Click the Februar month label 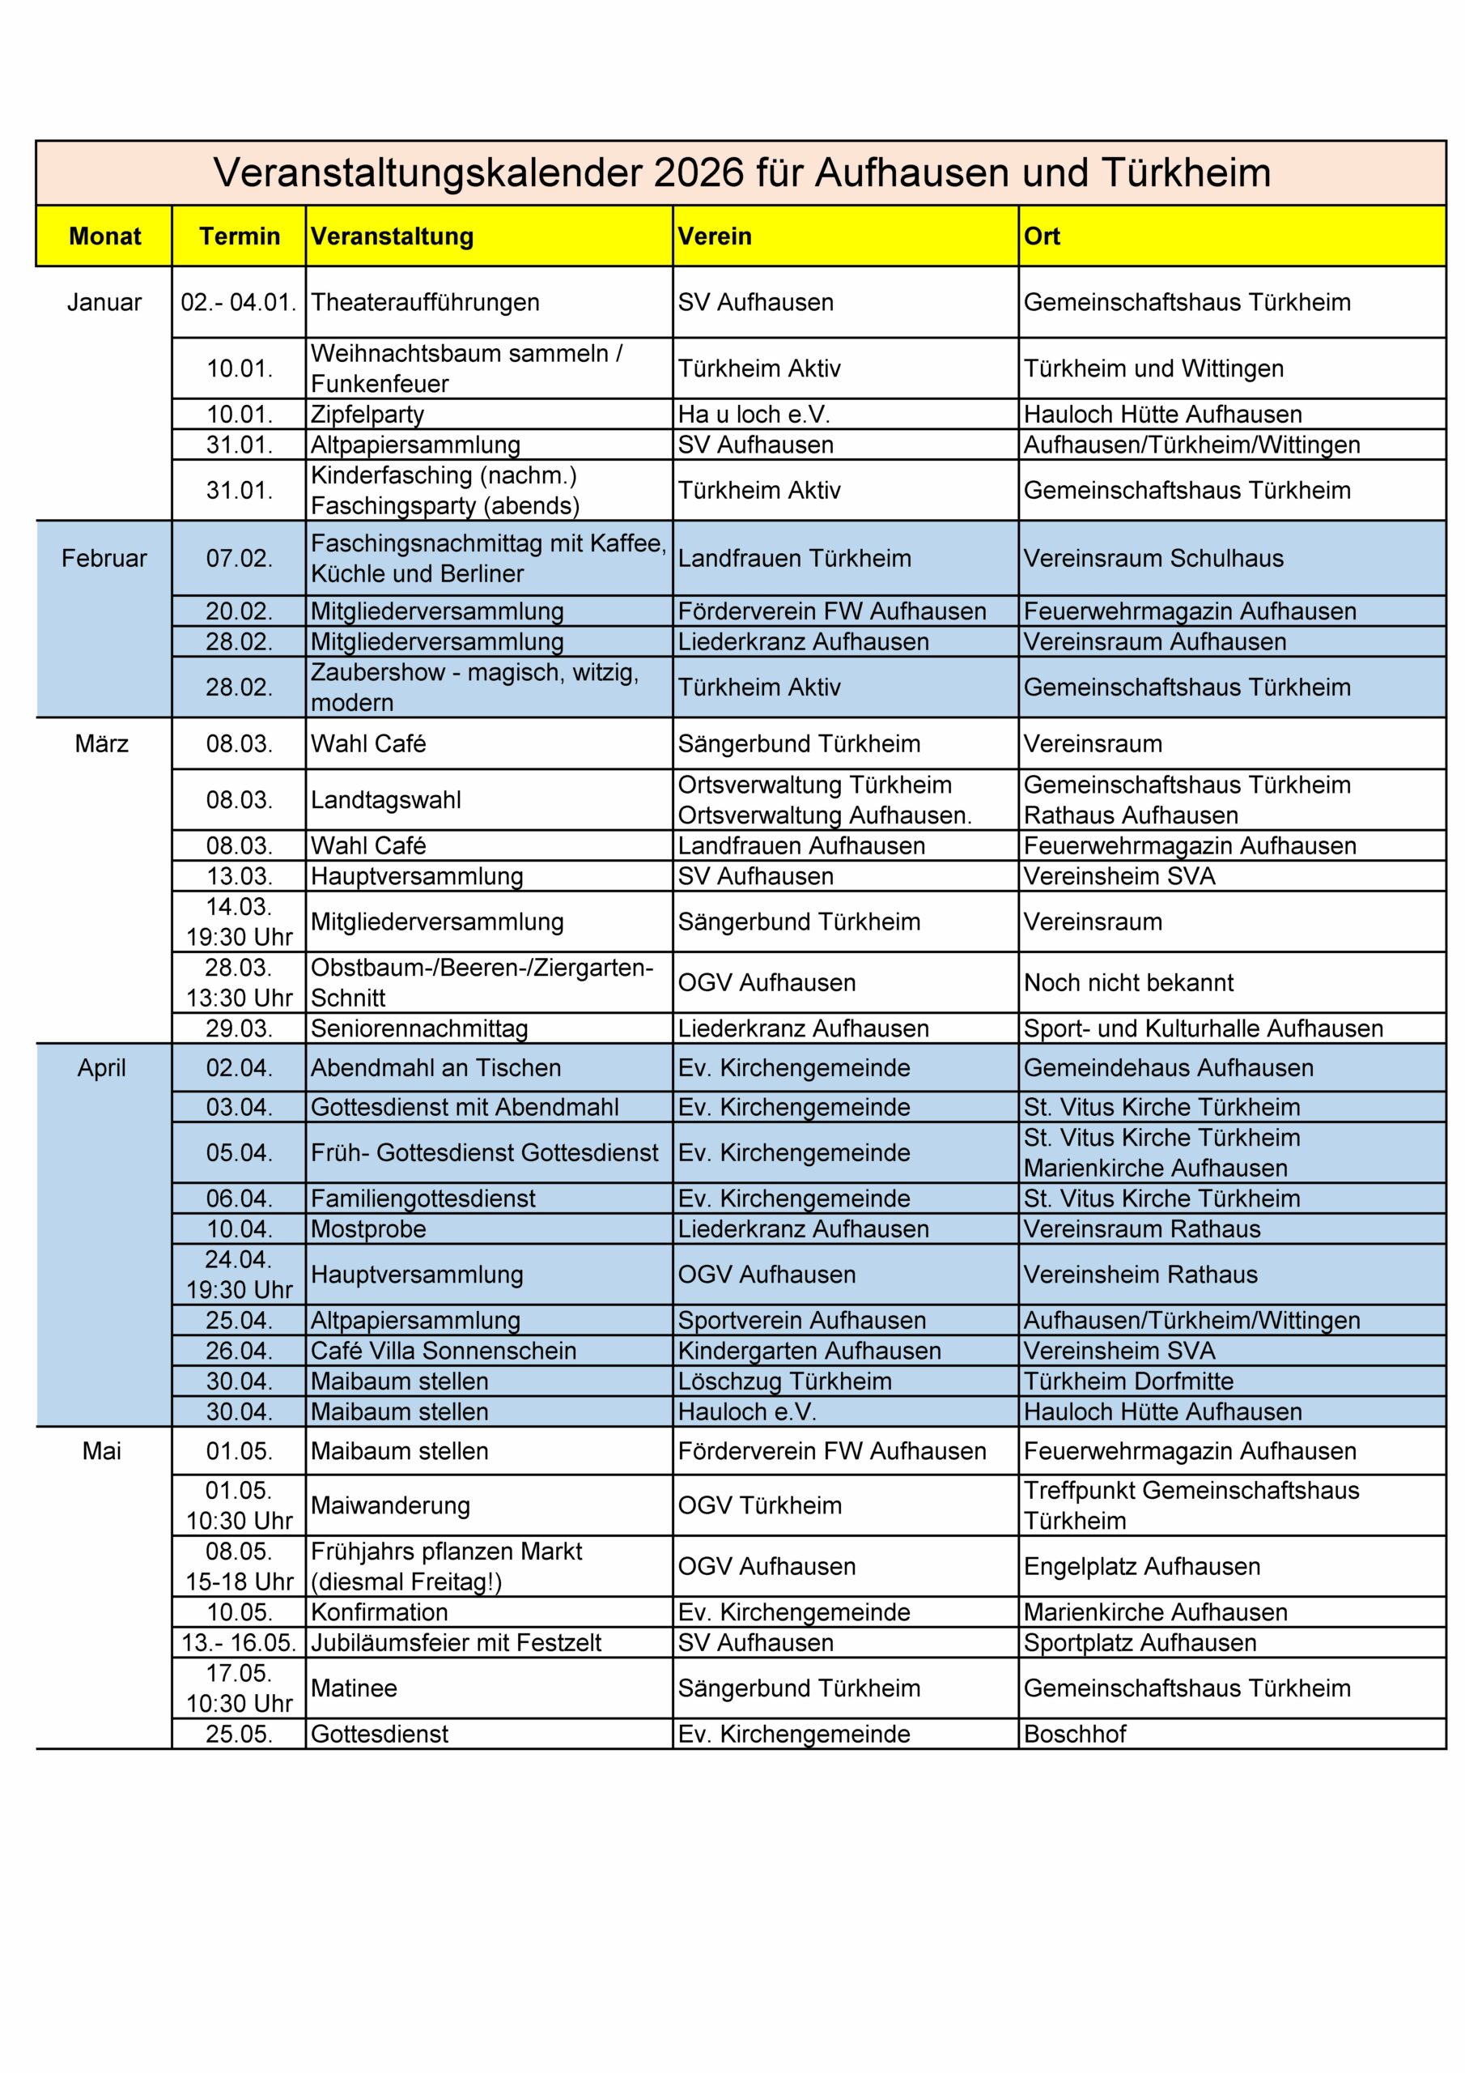click(x=104, y=558)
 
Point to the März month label click(x=102, y=744)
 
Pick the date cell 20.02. click(x=240, y=611)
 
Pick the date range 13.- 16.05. click(x=240, y=1642)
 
